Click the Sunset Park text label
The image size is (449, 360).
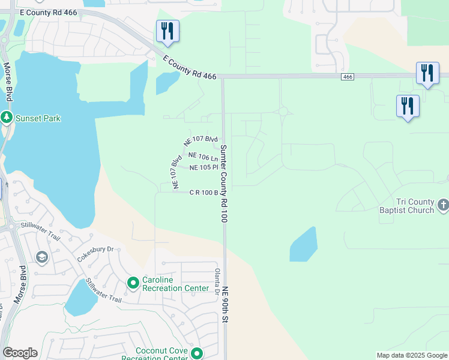point(38,118)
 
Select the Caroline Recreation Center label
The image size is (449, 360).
point(175,284)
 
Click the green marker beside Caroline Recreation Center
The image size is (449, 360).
point(133,281)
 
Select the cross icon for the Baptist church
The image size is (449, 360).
point(443,206)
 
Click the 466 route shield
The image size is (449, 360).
point(347,77)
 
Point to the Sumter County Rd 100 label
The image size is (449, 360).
point(223,184)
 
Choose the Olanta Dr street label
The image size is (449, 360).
point(217,280)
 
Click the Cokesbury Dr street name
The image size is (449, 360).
point(95,254)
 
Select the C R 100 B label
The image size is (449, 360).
point(203,193)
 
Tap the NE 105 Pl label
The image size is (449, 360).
point(203,167)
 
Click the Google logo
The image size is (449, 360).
point(20,353)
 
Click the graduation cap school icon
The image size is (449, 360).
point(41,258)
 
